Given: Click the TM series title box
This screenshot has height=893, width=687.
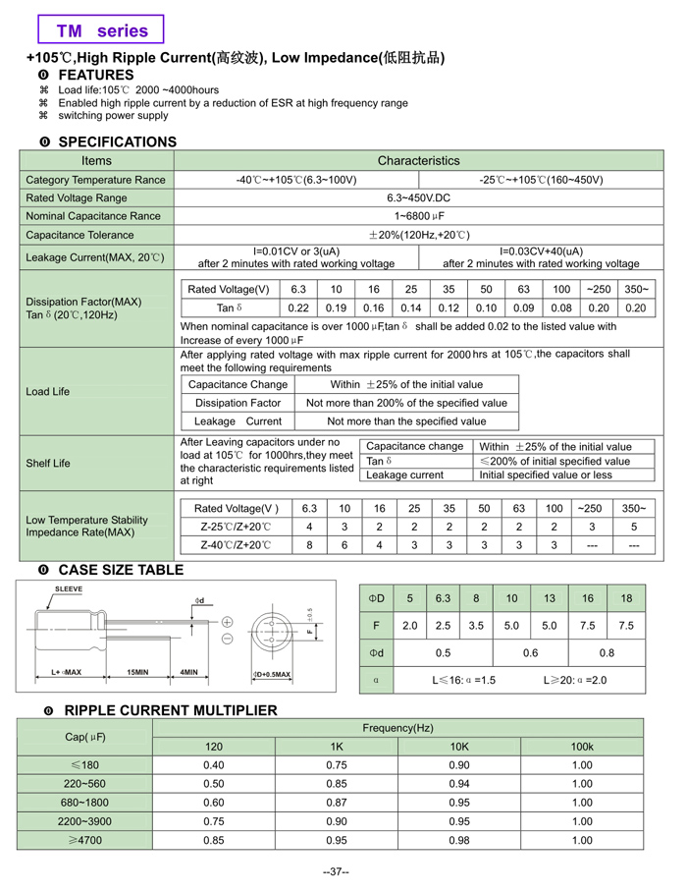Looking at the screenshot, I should pyautogui.click(x=101, y=30).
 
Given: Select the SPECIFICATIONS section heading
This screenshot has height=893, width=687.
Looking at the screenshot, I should pyautogui.click(x=117, y=141).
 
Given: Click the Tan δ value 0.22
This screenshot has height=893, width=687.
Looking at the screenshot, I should pyautogui.click(x=298, y=307).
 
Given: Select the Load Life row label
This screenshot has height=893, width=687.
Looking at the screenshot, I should pyautogui.click(x=48, y=391).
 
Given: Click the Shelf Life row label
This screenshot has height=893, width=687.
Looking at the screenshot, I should pyautogui.click(x=48, y=464).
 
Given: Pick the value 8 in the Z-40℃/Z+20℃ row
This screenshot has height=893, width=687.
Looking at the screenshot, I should pyautogui.click(x=309, y=544).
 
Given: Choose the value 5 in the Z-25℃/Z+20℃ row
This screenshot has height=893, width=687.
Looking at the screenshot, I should pyautogui.click(x=634, y=527).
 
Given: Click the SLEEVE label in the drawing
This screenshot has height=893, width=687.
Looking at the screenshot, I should pyautogui.click(x=68, y=589).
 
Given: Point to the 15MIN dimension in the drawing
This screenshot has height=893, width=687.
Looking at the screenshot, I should pyautogui.click(x=137, y=673).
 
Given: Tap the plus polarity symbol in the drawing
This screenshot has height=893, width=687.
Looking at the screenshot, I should pyautogui.click(x=227, y=622).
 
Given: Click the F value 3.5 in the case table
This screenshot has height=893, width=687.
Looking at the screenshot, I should pyautogui.click(x=476, y=625).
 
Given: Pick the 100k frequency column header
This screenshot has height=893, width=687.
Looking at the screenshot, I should pyautogui.click(x=582, y=747).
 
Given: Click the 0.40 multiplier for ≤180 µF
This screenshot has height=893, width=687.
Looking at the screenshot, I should pyautogui.click(x=213, y=765).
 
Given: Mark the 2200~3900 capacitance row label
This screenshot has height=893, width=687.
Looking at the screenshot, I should pyautogui.click(x=84, y=821).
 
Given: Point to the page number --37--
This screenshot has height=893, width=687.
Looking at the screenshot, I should pyautogui.click(x=337, y=871).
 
